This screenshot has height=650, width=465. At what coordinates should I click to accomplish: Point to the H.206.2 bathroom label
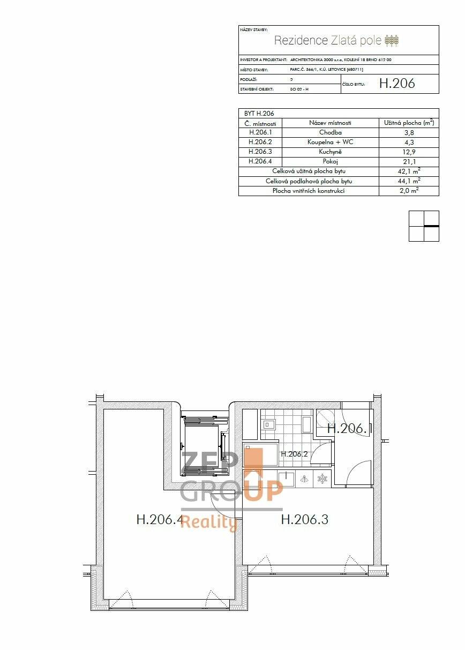(x=294, y=454)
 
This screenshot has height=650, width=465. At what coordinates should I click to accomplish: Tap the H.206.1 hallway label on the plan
(x=349, y=428)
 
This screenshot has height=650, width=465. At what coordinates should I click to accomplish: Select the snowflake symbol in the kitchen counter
(x=322, y=479)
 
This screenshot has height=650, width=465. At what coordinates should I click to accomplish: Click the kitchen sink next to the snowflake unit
(x=286, y=479)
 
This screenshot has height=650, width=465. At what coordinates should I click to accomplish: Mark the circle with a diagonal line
(x=325, y=418)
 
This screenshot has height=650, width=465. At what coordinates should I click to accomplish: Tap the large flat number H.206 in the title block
(x=397, y=83)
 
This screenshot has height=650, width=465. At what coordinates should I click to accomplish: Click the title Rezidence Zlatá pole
(x=327, y=40)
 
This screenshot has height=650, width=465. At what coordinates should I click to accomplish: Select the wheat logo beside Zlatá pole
(x=392, y=41)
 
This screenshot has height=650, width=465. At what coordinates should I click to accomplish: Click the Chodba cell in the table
(x=330, y=132)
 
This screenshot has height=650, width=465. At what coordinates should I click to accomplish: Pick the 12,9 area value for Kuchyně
(x=409, y=152)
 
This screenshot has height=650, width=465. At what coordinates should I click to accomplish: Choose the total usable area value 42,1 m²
(x=409, y=171)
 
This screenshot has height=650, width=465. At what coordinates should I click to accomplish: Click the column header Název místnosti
(x=330, y=123)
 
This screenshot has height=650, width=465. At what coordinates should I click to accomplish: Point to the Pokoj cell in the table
(x=330, y=161)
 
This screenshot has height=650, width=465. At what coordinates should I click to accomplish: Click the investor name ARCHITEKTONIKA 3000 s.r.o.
(x=316, y=60)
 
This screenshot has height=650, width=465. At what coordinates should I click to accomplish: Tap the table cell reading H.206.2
(x=260, y=142)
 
